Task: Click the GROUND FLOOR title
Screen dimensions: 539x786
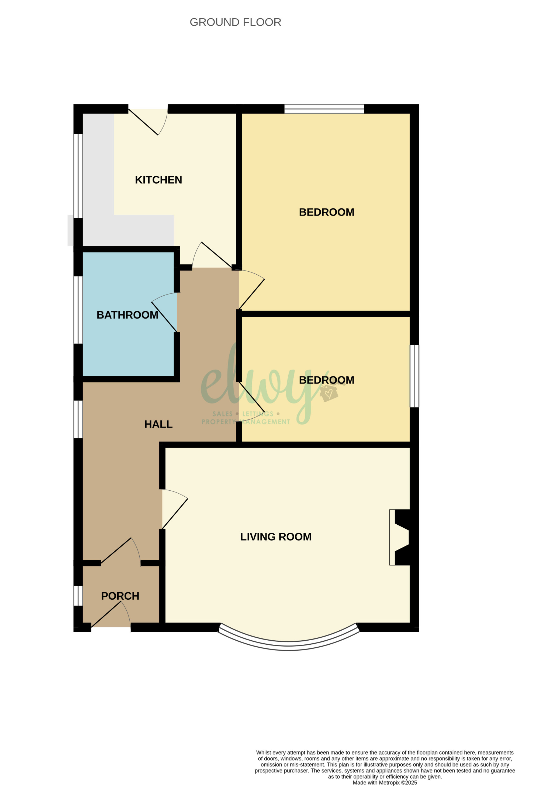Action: [x=235, y=22]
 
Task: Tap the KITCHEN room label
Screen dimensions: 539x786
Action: [x=158, y=180]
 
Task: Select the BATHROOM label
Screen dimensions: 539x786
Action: [x=127, y=315]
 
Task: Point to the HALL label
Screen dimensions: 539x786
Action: [x=158, y=425]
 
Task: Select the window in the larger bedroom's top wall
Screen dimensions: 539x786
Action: [x=324, y=109]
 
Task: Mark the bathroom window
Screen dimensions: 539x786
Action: [x=78, y=310]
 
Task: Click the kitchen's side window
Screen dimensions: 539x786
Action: [x=78, y=176]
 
